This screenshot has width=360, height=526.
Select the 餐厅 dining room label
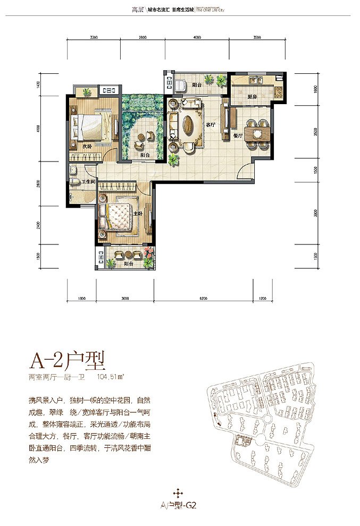pos(237,136)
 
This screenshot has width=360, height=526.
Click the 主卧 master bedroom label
pos(137,213)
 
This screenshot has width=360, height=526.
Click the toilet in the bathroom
pos(74,171)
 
